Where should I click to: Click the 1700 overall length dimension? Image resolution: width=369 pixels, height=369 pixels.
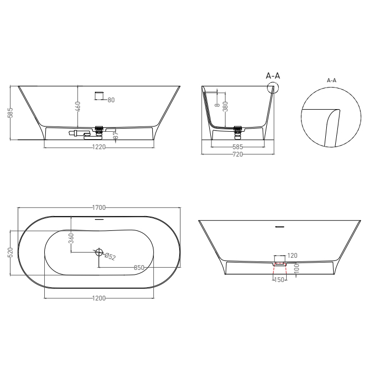[99, 208]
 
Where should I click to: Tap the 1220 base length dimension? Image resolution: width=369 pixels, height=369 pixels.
[99, 147]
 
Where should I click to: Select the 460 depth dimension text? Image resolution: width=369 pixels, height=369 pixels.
[78, 106]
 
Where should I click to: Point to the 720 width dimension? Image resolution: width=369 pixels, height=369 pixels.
[238, 154]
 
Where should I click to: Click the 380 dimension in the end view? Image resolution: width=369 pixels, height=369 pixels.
[225, 106]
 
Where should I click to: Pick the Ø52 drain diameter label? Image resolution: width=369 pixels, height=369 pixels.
[110, 256]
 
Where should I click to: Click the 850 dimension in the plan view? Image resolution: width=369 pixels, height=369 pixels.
[139, 268]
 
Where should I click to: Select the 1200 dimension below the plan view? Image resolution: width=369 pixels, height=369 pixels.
[99, 298]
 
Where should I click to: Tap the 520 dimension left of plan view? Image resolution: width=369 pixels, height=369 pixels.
[11, 253]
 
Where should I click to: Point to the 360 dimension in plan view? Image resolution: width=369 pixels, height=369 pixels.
[72, 238]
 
